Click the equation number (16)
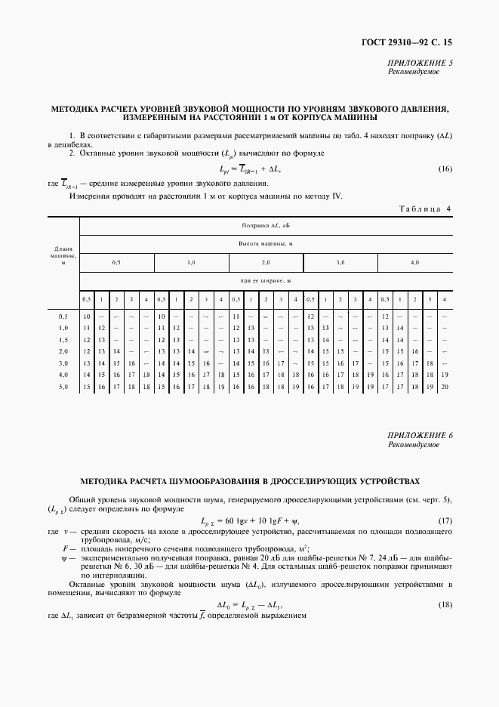(445, 168)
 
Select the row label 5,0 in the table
(63, 387)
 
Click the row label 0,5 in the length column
(63, 316)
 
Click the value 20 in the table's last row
(445, 387)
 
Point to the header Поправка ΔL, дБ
(266, 225)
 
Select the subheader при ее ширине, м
(266, 280)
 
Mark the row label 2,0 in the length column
(63, 351)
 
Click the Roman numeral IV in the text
(337, 196)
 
